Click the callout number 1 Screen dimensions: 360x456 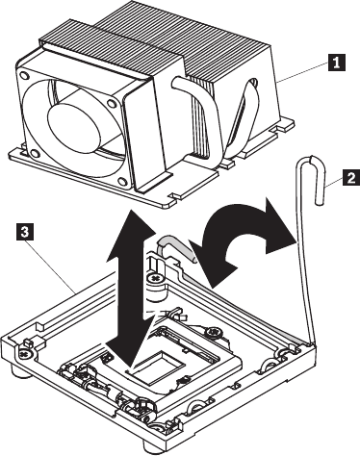point(336,63)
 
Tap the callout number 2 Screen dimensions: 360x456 point(351,177)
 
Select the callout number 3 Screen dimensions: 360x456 point(24,232)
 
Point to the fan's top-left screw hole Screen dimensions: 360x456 point(23,76)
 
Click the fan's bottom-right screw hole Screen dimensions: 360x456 point(122,182)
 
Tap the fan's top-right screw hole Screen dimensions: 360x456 point(112,104)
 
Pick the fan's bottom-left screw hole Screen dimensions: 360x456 point(35,153)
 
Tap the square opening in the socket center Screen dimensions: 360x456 point(160,367)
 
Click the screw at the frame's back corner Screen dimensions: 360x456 point(156,277)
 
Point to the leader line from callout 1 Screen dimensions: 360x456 point(302,72)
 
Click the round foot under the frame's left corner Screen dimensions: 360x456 point(21,373)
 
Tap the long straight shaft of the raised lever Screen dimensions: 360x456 point(304,253)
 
